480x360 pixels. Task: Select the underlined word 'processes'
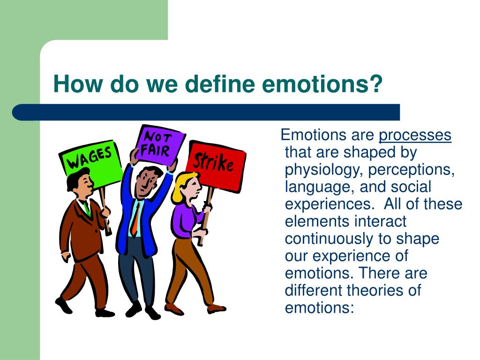(415, 135)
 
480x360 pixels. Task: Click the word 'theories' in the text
(377, 290)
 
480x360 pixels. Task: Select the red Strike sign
(215, 161)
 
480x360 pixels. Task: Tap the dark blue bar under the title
(206, 112)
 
